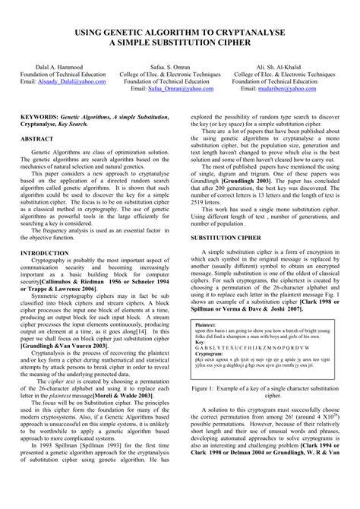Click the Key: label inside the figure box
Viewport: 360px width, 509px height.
pyautogui.click(x=200, y=342)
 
